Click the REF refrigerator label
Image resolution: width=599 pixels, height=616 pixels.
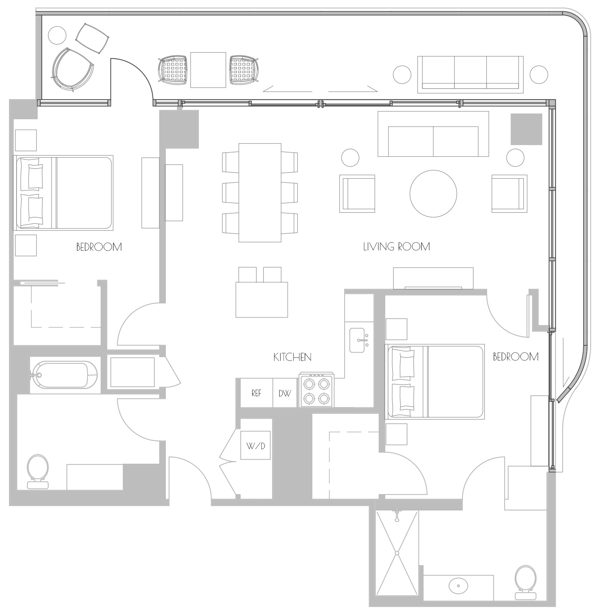pyautogui.click(x=256, y=393)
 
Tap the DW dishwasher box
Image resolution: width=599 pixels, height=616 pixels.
pyautogui.click(x=285, y=393)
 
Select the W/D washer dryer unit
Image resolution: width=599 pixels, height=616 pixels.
pyautogui.click(x=256, y=445)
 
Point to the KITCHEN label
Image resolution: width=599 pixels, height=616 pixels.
pyautogui.click(x=292, y=357)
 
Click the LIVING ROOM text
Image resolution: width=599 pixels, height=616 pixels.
pyautogui.click(x=396, y=247)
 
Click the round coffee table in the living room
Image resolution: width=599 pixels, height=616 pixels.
pyautogui.click(x=433, y=194)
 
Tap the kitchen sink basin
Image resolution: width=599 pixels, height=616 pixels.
pyautogui.click(x=357, y=340)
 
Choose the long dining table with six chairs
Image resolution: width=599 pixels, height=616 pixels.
pyautogui.click(x=260, y=192)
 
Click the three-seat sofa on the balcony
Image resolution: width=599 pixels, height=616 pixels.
pyautogui.click(x=470, y=74)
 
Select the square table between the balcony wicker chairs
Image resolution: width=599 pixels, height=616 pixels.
pyautogui.click(x=208, y=70)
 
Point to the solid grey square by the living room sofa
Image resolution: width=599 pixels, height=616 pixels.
pyautogui.click(x=526, y=129)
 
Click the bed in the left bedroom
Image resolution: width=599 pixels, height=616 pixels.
pyautogui.click(x=63, y=192)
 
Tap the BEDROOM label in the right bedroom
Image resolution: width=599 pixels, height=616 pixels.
pyautogui.click(x=516, y=357)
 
